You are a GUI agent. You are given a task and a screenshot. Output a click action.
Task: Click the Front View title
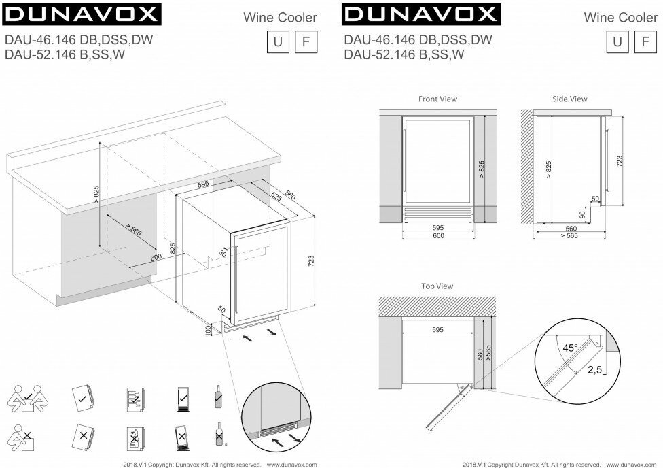pos(437,99)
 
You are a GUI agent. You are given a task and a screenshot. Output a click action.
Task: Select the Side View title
pos(569,99)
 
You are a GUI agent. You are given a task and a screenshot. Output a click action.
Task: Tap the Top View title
pos(437,287)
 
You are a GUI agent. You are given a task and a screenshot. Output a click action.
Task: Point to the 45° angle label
pos(570,348)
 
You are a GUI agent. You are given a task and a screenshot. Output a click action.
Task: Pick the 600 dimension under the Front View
pos(438,235)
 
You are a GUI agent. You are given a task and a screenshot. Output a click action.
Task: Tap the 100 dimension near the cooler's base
pos(209,330)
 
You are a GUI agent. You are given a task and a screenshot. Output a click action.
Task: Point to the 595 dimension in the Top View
pos(437,330)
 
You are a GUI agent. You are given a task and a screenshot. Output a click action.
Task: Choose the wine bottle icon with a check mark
pos(219,396)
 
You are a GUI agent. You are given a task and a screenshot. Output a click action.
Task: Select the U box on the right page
pos(617,42)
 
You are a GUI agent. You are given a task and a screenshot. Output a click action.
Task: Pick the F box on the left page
pos(306,42)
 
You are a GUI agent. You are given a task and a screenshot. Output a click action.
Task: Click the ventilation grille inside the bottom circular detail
pos(279,431)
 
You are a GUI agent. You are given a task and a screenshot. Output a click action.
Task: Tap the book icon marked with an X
pos(82,435)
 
